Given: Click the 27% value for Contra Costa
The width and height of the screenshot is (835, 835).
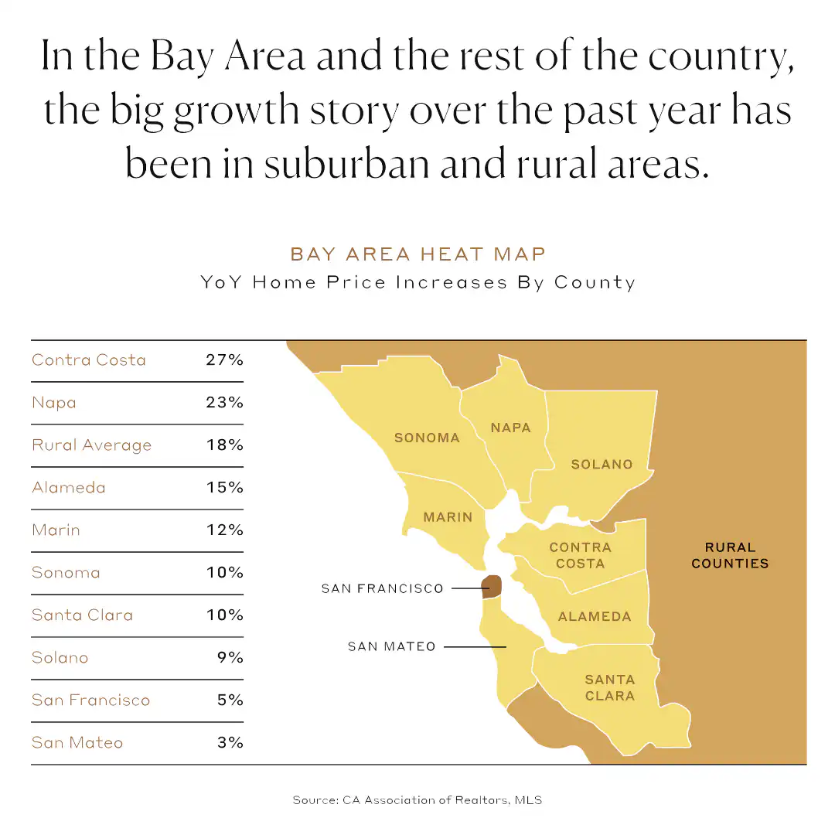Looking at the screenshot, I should (224, 360).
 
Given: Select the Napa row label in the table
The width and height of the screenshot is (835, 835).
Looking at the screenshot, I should (54, 403).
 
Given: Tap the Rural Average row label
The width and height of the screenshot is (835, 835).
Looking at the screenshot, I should (91, 445).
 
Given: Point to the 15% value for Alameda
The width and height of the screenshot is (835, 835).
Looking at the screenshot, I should (224, 488).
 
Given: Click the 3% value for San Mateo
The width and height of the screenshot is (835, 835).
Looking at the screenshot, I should (230, 743).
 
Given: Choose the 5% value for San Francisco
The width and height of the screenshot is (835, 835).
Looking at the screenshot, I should (230, 700).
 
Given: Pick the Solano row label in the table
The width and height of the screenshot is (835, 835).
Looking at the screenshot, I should (60, 658).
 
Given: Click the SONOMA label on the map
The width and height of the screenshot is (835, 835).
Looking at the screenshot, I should (427, 438).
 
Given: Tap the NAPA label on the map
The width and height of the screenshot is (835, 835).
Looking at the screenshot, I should (511, 428).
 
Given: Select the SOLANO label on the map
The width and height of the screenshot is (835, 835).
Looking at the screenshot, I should (602, 465).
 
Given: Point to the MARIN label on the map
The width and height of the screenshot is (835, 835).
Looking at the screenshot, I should (448, 516).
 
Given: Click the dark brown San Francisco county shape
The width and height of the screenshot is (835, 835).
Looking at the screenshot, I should (491, 586).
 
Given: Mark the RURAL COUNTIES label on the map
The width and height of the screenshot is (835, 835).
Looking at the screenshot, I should (730, 556).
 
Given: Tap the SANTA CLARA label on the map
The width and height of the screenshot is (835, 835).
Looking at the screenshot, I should (609, 687).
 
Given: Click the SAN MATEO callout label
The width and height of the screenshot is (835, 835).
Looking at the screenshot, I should (392, 646).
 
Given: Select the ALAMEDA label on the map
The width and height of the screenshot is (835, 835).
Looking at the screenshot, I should (595, 617).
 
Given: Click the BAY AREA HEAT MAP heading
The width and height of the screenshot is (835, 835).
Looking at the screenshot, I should (417, 254).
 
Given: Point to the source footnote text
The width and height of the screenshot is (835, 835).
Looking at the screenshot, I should (417, 800).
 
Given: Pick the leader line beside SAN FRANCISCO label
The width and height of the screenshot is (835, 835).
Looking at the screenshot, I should (466, 588).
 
